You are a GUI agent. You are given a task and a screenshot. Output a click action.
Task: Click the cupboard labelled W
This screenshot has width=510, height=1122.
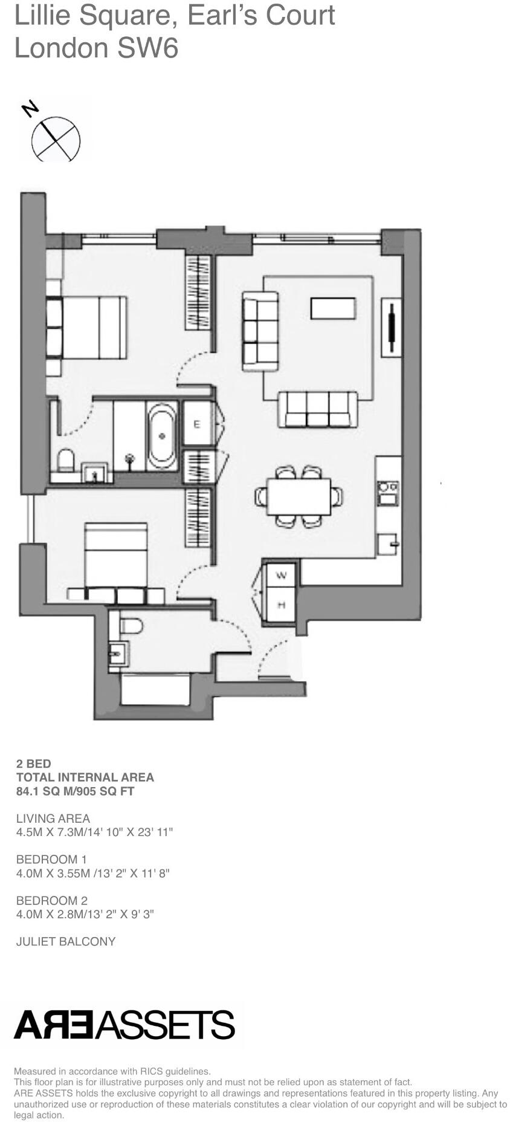click(x=281, y=575)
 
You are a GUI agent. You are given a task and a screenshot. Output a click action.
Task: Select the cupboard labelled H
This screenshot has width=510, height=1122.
click(x=281, y=605)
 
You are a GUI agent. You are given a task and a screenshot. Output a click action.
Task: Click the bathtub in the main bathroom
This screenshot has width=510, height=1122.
click(x=162, y=436)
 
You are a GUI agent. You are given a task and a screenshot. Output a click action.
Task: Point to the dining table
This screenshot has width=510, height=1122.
click(x=299, y=496)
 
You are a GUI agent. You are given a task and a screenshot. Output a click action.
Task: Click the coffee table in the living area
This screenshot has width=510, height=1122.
click(x=333, y=308)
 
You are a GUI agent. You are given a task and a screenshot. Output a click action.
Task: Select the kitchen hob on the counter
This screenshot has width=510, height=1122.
click(x=387, y=492)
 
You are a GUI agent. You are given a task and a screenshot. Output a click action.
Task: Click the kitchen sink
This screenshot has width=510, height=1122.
click(x=387, y=543)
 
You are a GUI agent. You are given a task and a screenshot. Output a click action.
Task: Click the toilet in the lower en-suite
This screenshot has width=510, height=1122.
click(x=131, y=625)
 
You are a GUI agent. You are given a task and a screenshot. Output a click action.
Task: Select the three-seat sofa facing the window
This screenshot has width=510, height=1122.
click(x=317, y=409)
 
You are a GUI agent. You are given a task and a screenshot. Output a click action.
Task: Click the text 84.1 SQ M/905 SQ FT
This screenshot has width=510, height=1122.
click(x=76, y=791)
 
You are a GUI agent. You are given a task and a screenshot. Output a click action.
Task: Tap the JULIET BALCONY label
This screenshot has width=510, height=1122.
click(x=66, y=941)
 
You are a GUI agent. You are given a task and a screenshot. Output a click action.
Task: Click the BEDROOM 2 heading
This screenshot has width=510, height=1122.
click(x=52, y=900)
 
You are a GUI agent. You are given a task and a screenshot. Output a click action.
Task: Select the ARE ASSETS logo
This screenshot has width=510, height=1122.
click(x=124, y=1024)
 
